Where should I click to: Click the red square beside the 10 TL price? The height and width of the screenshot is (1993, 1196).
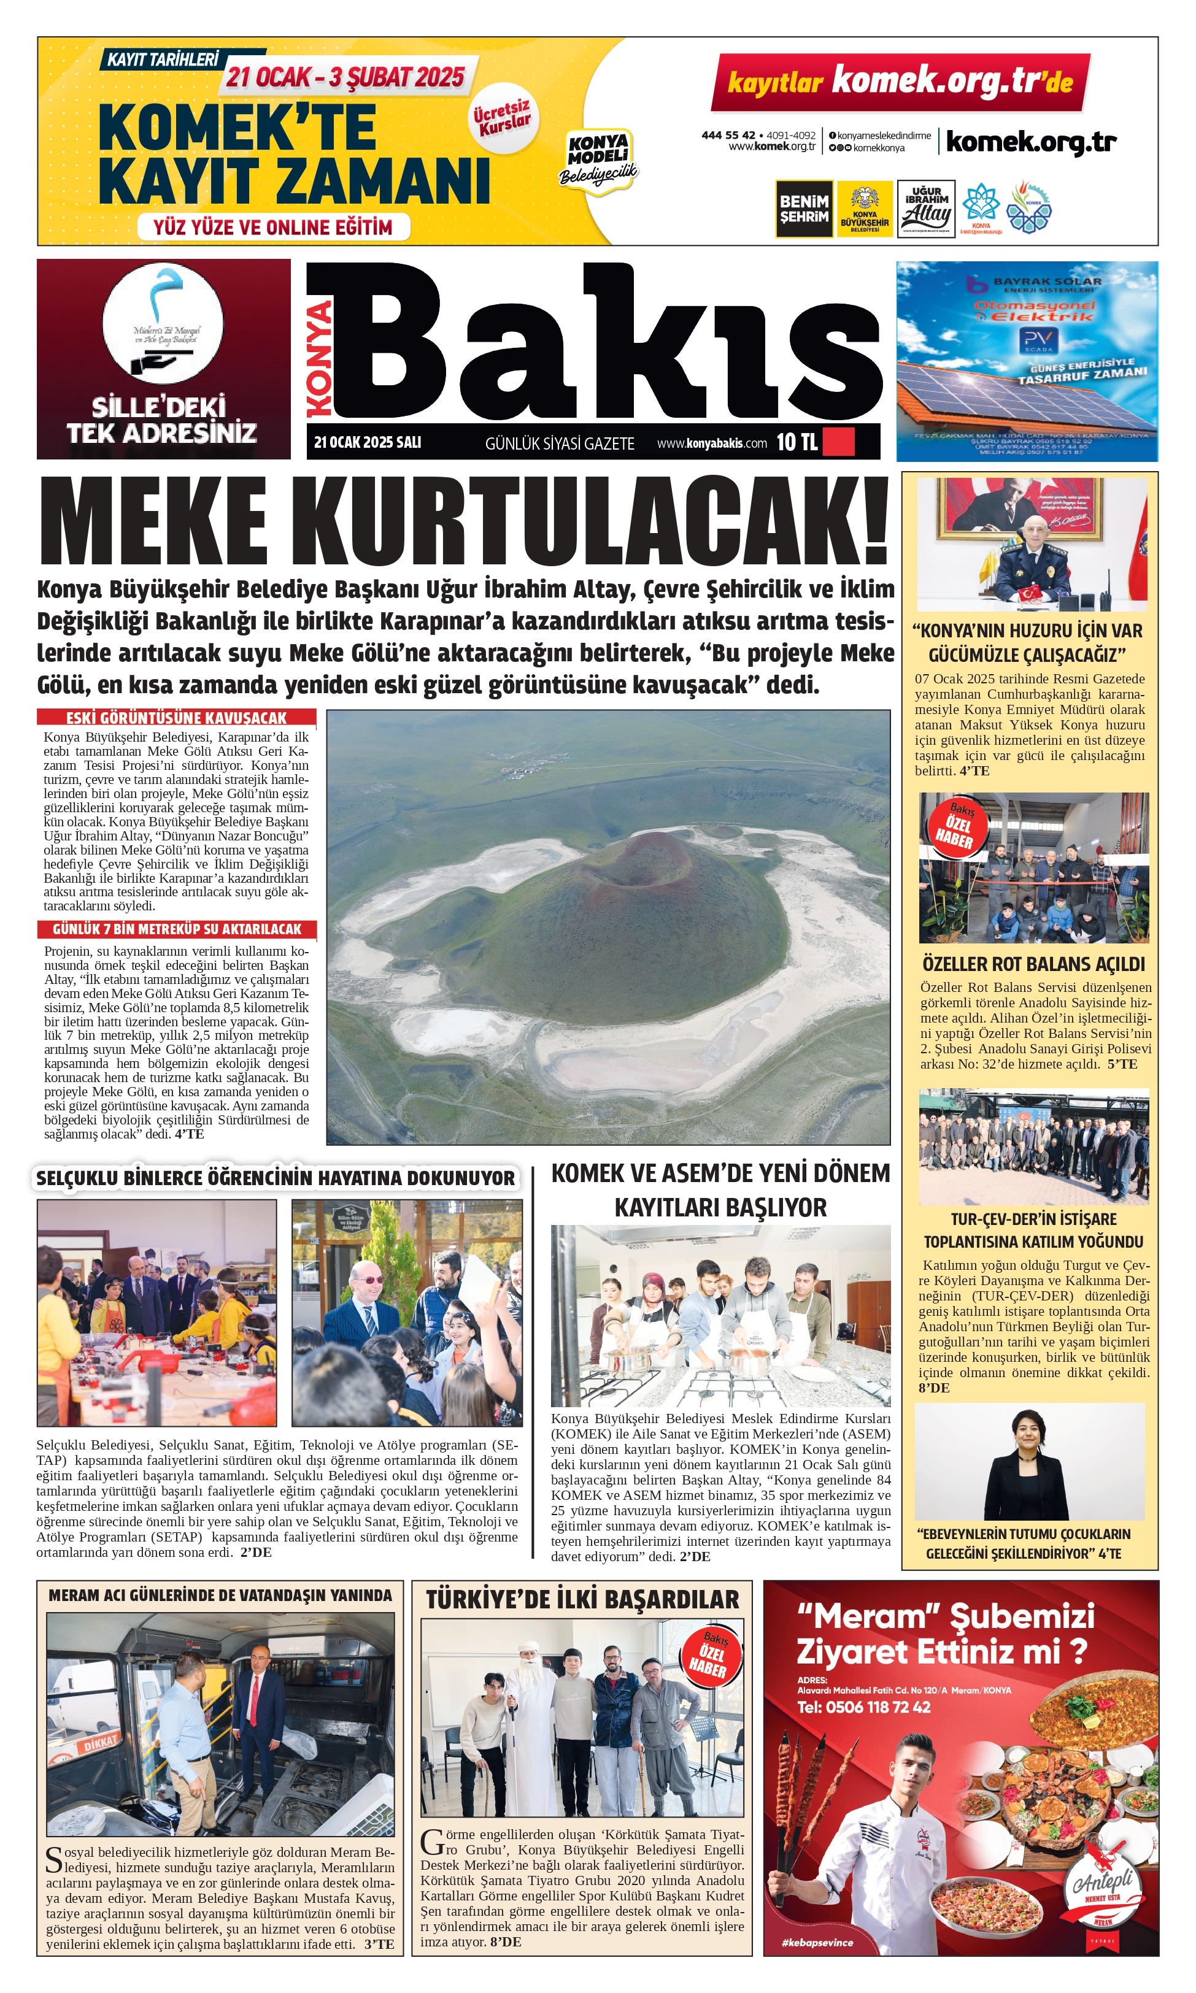(x=839, y=442)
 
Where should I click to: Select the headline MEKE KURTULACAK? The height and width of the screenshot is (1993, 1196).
(x=465, y=522)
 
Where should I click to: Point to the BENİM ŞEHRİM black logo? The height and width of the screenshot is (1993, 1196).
(x=803, y=209)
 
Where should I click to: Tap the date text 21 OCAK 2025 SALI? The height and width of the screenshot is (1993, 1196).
(x=368, y=442)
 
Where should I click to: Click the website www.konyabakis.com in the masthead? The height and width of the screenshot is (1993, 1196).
(x=712, y=443)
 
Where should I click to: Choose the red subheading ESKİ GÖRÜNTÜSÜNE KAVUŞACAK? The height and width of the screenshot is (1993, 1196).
(x=177, y=717)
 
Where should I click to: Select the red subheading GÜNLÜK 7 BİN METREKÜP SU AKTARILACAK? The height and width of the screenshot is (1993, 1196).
(x=177, y=929)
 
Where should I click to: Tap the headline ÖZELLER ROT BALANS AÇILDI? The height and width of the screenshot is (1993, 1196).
(x=1033, y=964)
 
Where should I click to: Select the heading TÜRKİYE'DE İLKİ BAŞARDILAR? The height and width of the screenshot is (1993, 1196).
(x=582, y=1600)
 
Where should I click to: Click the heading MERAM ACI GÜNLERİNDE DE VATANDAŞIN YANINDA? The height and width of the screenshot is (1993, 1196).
(x=220, y=1595)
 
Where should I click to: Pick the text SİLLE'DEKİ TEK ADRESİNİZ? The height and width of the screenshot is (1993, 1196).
(x=163, y=420)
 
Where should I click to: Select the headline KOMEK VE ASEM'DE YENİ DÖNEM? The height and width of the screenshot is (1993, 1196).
(x=720, y=1173)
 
